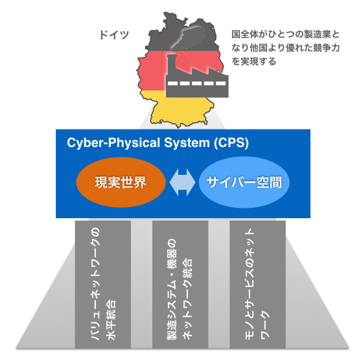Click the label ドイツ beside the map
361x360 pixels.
(x=114, y=35)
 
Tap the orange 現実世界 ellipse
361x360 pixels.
(x=121, y=183)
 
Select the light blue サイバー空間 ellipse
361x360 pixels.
(x=244, y=183)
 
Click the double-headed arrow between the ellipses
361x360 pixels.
(x=182, y=183)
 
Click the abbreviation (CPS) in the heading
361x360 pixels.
(x=231, y=143)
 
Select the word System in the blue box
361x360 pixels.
(x=187, y=143)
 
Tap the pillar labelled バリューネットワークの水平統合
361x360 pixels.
(x=103, y=284)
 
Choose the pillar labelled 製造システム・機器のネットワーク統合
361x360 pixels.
(x=180, y=284)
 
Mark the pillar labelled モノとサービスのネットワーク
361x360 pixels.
(x=258, y=284)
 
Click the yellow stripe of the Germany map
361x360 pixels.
(x=182, y=111)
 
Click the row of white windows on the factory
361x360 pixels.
(x=197, y=84)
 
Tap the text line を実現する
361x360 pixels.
(x=253, y=62)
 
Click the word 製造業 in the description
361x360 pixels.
(x=318, y=34)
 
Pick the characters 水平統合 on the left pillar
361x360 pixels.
(x=111, y=320)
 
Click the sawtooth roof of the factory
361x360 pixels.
(x=203, y=69)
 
